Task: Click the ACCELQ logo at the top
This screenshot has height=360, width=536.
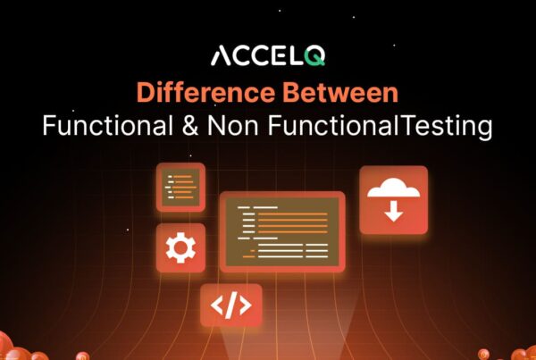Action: tap(267, 56)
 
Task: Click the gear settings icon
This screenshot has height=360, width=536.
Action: tap(180, 247)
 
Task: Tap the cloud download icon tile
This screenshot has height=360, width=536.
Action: tap(393, 200)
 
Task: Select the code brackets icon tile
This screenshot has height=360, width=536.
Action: tap(230, 306)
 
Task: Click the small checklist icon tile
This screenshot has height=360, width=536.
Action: tap(180, 187)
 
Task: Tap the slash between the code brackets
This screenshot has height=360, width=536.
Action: tap(230, 306)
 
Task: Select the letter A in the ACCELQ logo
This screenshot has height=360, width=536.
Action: tap(221, 57)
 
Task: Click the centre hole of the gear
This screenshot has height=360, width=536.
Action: tap(180, 247)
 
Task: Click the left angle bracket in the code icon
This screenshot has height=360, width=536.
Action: tap(216, 306)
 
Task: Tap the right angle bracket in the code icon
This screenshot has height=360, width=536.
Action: tap(245, 306)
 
